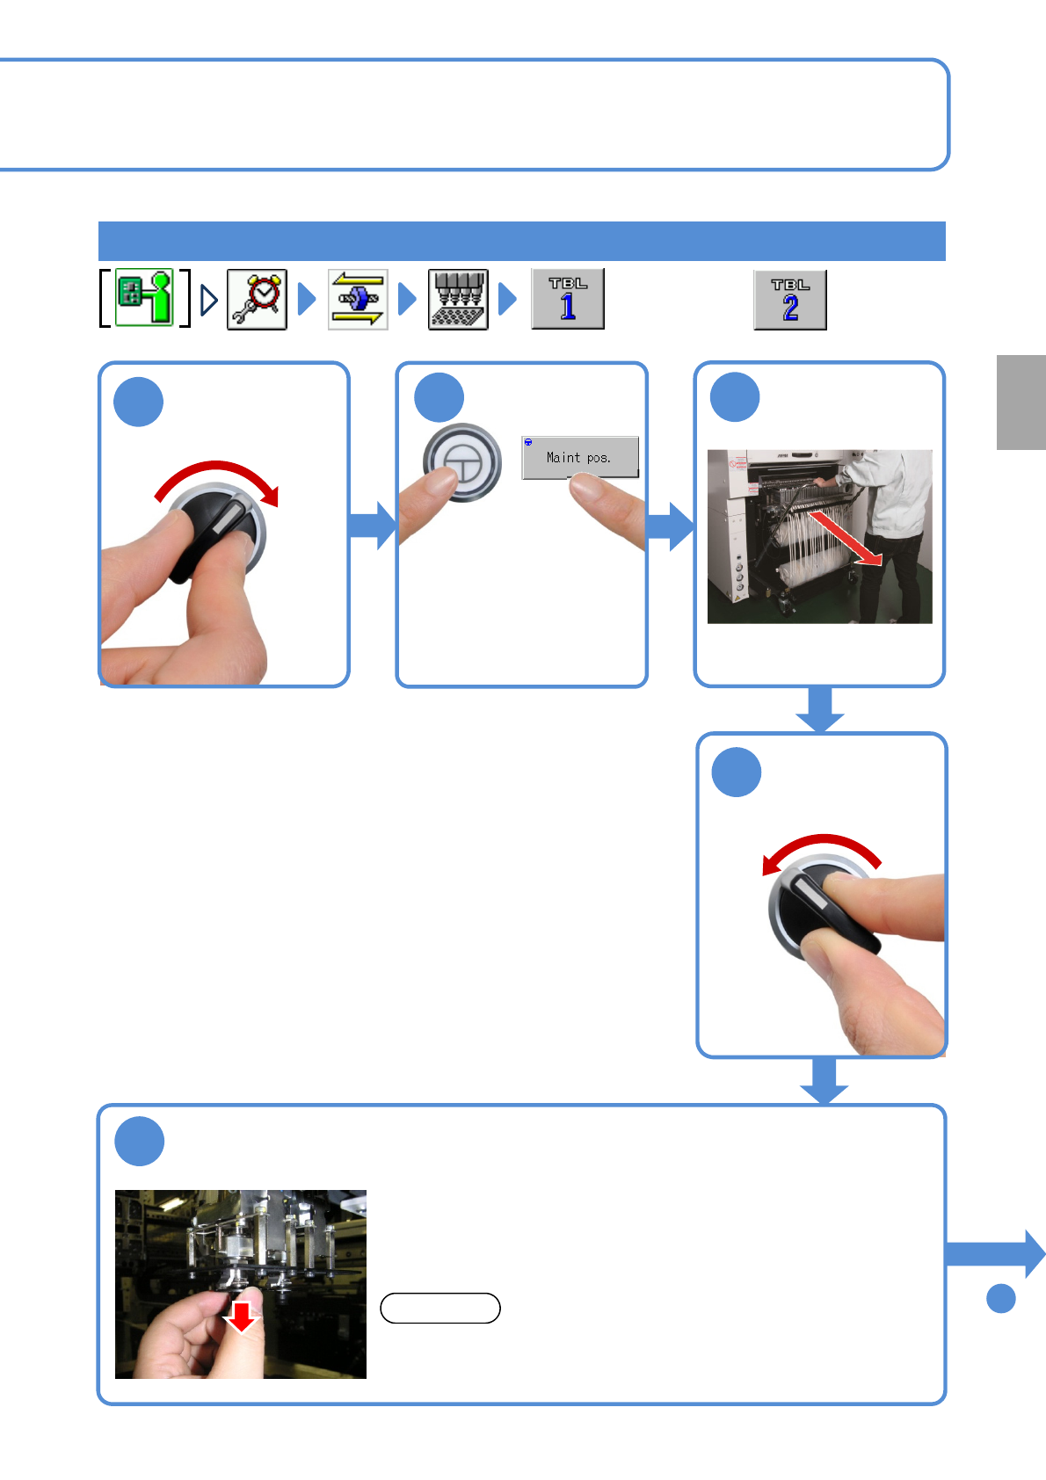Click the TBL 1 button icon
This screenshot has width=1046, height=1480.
click(x=568, y=300)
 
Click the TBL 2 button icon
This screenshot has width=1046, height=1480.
click(x=790, y=301)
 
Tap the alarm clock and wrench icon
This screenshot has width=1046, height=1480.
click(x=257, y=300)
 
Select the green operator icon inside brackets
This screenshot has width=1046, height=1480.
click(x=145, y=298)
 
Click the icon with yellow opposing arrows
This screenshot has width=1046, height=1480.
click(x=358, y=300)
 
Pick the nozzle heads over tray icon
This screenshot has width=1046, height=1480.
click(x=458, y=300)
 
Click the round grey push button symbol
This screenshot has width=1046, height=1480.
click(x=462, y=461)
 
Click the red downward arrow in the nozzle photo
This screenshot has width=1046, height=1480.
click(x=240, y=1317)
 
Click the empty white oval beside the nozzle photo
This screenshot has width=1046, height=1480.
click(x=440, y=1309)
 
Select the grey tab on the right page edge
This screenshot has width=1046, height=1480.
click(x=1021, y=403)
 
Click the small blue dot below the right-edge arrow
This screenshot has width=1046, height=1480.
click(x=1000, y=1298)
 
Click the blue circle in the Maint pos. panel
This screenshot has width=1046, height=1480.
click(x=439, y=397)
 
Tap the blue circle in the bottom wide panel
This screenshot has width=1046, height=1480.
click(x=140, y=1142)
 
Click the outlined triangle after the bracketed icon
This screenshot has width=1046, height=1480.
click(x=209, y=301)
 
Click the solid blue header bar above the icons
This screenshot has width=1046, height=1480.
click(x=521, y=242)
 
